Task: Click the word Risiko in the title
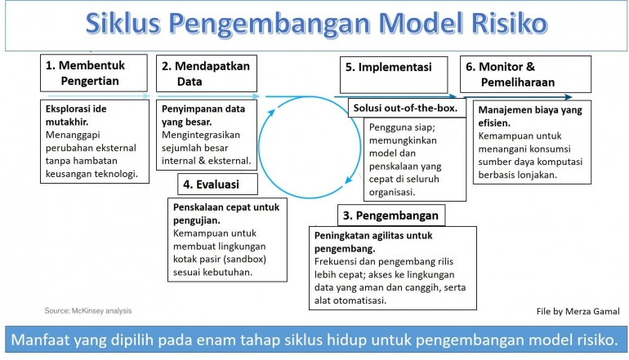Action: click(500, 24)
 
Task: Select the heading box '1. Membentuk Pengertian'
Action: click(93, 73)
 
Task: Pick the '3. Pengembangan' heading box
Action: click(391, 216)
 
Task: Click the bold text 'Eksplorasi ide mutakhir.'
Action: click(75, 114)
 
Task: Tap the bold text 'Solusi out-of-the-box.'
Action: click(405, 108)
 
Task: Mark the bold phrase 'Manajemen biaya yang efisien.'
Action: click(520, 115)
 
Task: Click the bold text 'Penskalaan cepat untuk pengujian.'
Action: click(226, 213)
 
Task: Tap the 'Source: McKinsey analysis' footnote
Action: click(87, 310)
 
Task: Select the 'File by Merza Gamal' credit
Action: click(578, 311)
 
